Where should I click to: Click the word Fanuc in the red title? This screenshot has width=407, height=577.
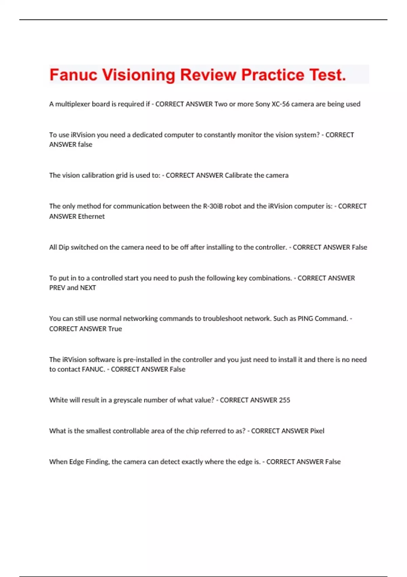(73, 75)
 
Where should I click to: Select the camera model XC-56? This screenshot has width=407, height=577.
(280, 104)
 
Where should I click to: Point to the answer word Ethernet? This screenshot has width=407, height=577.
(91, 217)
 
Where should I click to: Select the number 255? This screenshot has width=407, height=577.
(284, 400)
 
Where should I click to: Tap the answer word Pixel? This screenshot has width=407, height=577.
(317, 431)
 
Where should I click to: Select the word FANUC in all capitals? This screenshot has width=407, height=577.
(93, 369)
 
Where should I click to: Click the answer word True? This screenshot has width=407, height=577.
(115, 329)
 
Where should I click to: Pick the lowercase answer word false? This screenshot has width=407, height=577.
(85, 145)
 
